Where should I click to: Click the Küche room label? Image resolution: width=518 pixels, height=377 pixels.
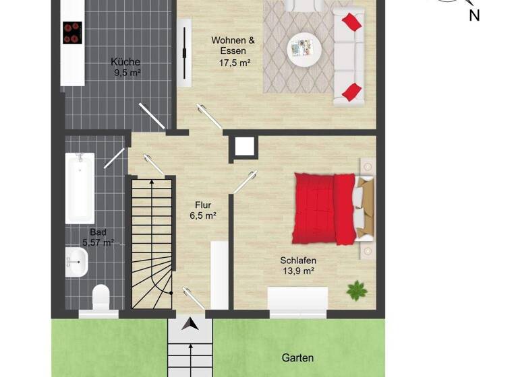(125, 62)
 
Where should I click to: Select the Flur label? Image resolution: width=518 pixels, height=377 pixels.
(203, 205)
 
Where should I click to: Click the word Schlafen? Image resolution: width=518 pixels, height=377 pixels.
(298, 261)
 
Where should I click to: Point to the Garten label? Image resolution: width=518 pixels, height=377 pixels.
(297, 358)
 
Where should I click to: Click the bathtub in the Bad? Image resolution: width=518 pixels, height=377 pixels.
(80, 188)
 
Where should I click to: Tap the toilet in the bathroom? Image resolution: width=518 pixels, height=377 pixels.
(100, 297)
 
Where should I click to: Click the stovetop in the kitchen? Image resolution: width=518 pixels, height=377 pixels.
(72, 32)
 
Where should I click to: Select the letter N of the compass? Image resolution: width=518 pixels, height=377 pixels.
(474, 15)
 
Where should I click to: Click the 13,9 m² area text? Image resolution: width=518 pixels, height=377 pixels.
(298, 271)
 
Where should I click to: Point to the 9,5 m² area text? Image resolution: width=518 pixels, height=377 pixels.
(125, 73)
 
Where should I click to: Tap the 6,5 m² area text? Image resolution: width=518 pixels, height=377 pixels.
(203, 216)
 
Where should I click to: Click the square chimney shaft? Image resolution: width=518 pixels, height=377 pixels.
(243, 147)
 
